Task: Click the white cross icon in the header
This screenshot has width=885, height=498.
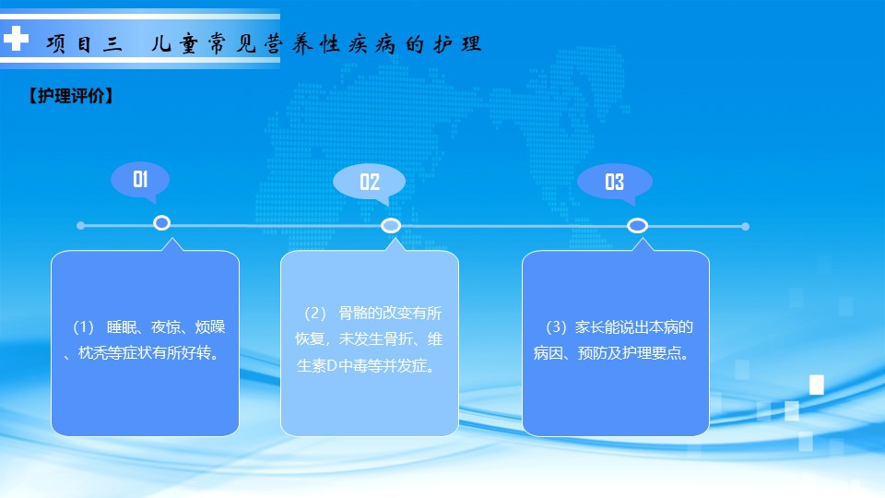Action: click(16, 39)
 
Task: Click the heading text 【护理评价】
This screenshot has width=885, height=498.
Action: click(71, 95)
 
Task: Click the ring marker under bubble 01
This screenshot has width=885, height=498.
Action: click(162, 223)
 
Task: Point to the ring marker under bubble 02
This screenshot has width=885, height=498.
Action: click(391, 226)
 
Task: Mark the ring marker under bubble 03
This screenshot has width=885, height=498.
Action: click(637, 226)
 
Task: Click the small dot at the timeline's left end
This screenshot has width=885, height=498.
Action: click(81, 225)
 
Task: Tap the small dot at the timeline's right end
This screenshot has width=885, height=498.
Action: click(745, 227)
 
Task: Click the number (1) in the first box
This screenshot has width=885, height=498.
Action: click(83, 326)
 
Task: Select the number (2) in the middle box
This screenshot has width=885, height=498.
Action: click(315, 313)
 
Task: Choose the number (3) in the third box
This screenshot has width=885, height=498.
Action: click(556, 326)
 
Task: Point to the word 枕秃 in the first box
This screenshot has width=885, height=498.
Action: click(92, 353)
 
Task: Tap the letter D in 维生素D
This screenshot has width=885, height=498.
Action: click(332, 366)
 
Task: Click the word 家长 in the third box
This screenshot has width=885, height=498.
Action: click(590, 326)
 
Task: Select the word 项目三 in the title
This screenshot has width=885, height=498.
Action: click(84, 43)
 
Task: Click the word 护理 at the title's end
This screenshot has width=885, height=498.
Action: click(458, 43)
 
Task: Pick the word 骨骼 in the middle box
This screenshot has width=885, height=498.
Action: click(353, 313)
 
